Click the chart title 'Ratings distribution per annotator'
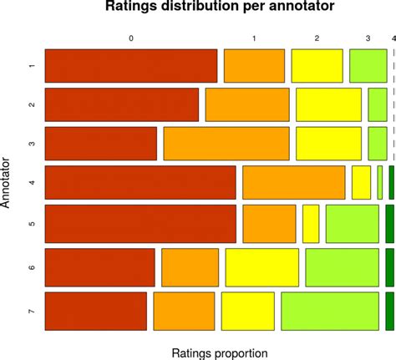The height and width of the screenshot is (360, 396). [220, 8]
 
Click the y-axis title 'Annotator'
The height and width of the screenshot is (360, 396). [8, 180]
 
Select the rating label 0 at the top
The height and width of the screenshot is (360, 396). [130, 38]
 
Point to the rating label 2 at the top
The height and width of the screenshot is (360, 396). [317, 38]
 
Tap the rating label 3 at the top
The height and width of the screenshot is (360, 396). [368, 38]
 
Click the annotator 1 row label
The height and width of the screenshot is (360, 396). [31, 66]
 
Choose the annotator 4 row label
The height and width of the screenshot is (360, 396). [31, 182]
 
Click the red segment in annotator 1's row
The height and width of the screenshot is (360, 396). [130, 66]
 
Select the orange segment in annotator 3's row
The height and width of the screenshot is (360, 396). [226, 143]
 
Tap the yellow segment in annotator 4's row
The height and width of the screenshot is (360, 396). [361, 182]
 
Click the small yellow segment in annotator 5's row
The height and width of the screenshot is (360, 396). [311, 223]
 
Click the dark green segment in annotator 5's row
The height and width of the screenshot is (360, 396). [390, 223]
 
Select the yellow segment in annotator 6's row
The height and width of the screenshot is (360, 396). [261, 267]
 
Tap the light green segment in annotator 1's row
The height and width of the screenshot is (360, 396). [368, 66]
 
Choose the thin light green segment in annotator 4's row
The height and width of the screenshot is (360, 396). [380, 182]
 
